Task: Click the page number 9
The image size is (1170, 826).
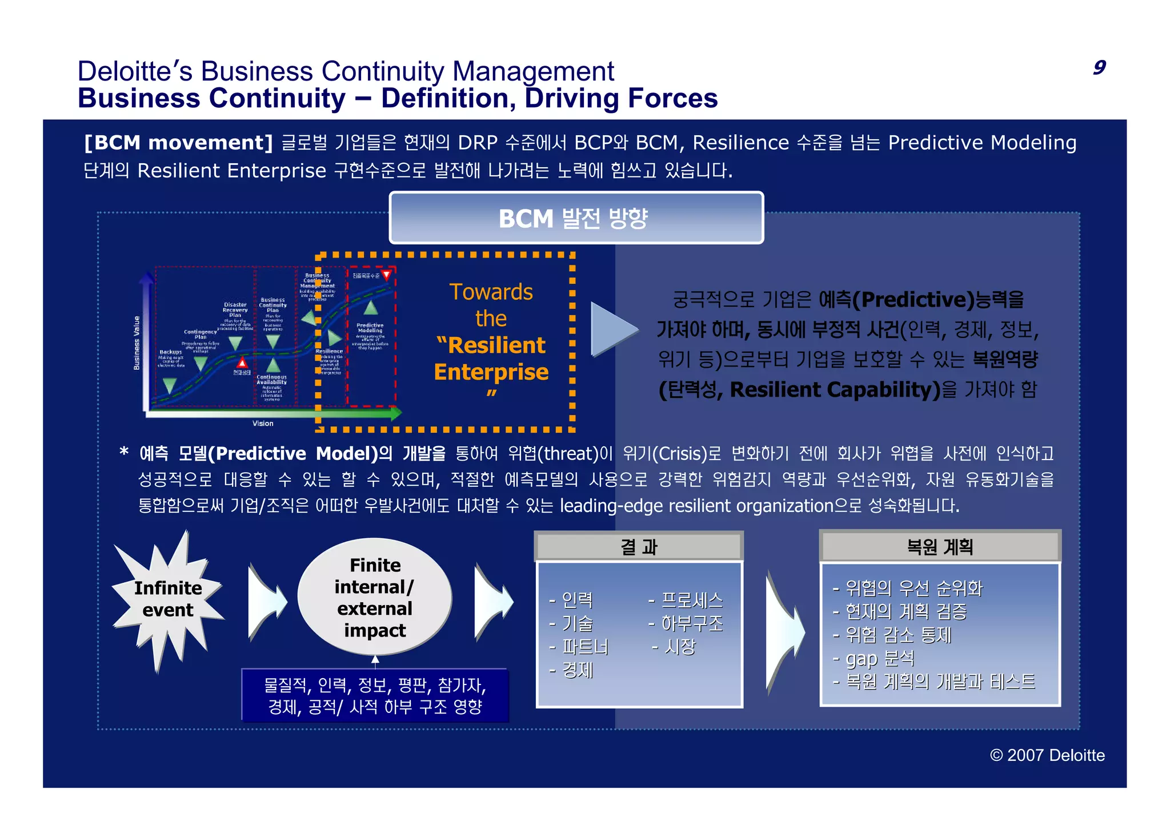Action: (x=1099, y=67)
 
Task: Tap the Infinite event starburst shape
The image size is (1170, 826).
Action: (x=167, y=599)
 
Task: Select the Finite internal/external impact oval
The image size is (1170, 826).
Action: (x=375, y=597)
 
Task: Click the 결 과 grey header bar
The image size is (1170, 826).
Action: (x=638, y=547)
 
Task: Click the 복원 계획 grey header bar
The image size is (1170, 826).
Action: (x=939, y=547)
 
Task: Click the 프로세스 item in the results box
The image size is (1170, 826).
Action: (x=691, y=600)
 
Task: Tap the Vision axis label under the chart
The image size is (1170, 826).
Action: (x=263, y=424)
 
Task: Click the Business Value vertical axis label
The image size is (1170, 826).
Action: (x=137, y=343)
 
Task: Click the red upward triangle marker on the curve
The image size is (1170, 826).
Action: (x=242, y=363)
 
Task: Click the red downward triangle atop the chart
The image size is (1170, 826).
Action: (x=387, y=275)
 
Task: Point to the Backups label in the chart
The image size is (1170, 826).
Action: (x=170, y=352)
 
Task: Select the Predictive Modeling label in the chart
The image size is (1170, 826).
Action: (x=370, y=328)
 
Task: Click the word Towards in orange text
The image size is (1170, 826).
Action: (x=491, y=292)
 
